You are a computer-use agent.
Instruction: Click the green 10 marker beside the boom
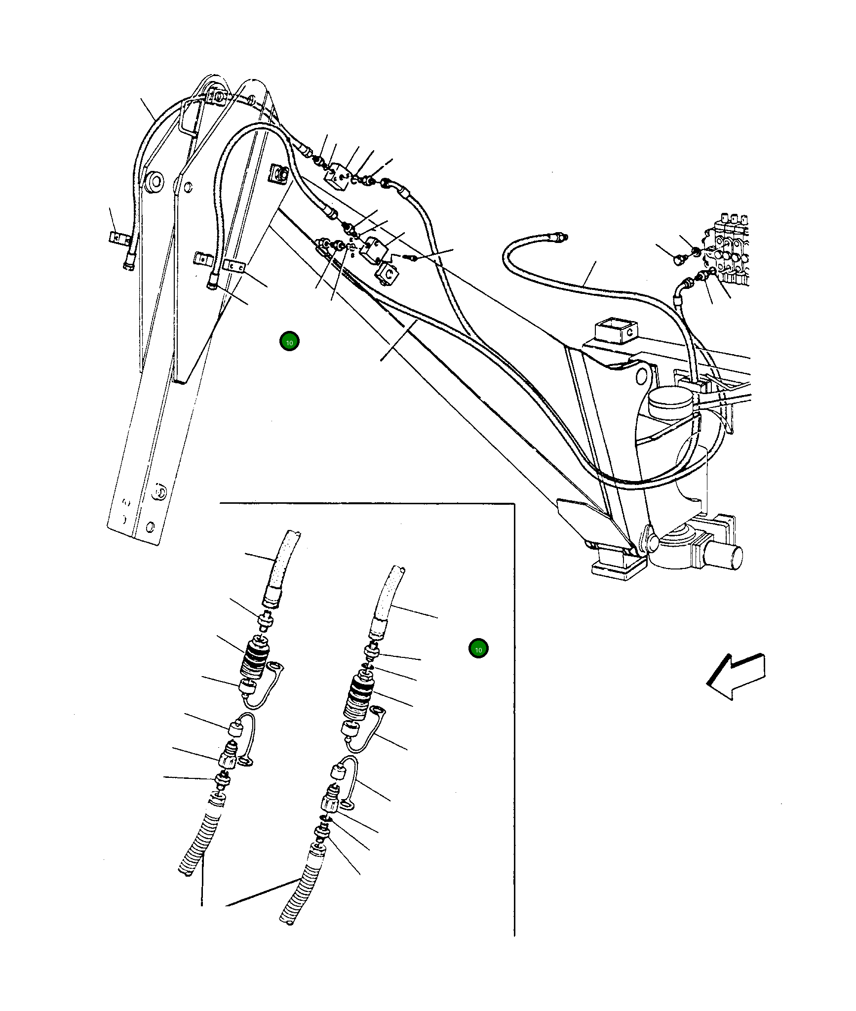point(289,341)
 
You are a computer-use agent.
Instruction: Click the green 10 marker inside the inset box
point(478,649)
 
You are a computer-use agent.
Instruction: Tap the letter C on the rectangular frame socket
point(629,332)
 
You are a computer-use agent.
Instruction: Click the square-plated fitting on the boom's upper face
point(279,174)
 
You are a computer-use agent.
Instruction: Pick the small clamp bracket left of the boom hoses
point(117,238)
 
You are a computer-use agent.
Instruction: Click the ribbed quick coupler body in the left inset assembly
point(255,659)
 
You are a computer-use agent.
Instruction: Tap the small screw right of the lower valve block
point(410,257)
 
